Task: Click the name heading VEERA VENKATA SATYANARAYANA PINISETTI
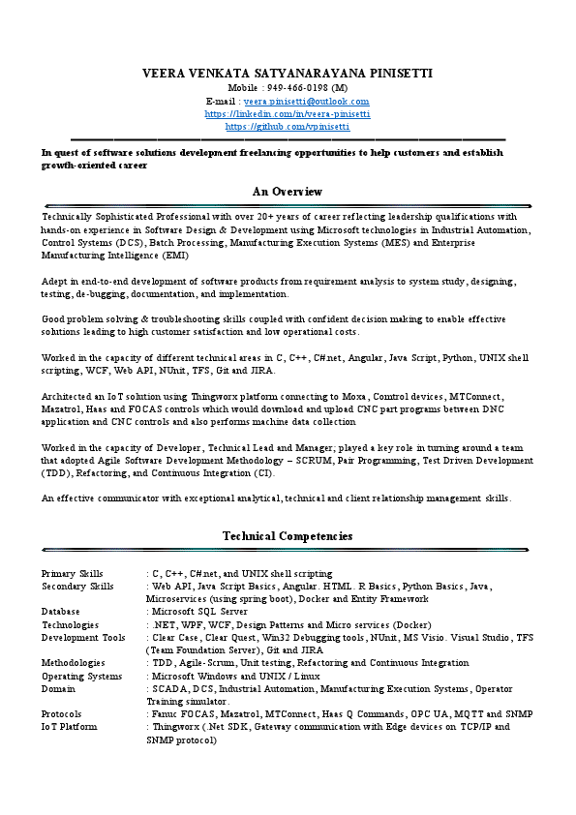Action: tap(288, 74)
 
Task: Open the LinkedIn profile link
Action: tap(288, 113)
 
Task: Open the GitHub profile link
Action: tap(288, 126)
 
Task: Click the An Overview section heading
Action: tap(288, 192)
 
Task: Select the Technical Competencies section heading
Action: tap(288, 536)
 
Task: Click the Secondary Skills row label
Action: tap(77, 587)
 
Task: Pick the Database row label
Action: tap(61, 612)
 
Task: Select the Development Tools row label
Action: tap(83, 638)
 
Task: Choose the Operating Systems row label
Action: tap(81, 676)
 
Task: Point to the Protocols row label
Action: tap(61, 713)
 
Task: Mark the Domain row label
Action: tap(58, 688)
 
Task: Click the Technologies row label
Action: tap(70, 625)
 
